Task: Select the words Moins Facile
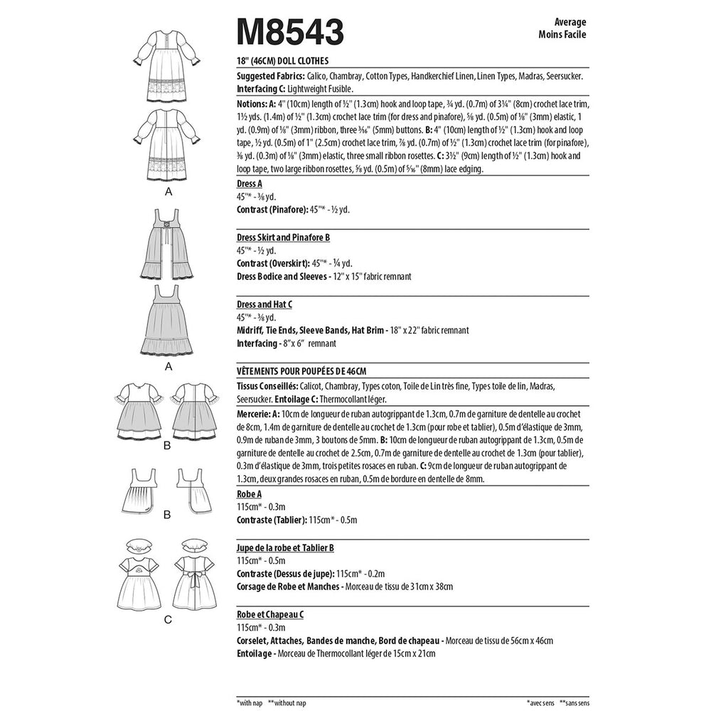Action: [562, 35]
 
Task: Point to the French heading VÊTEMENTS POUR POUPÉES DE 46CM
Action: [301, 370]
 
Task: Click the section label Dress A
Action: [250, 183]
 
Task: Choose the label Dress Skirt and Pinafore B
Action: [282, 236]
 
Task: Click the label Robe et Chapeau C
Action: [272, 613]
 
